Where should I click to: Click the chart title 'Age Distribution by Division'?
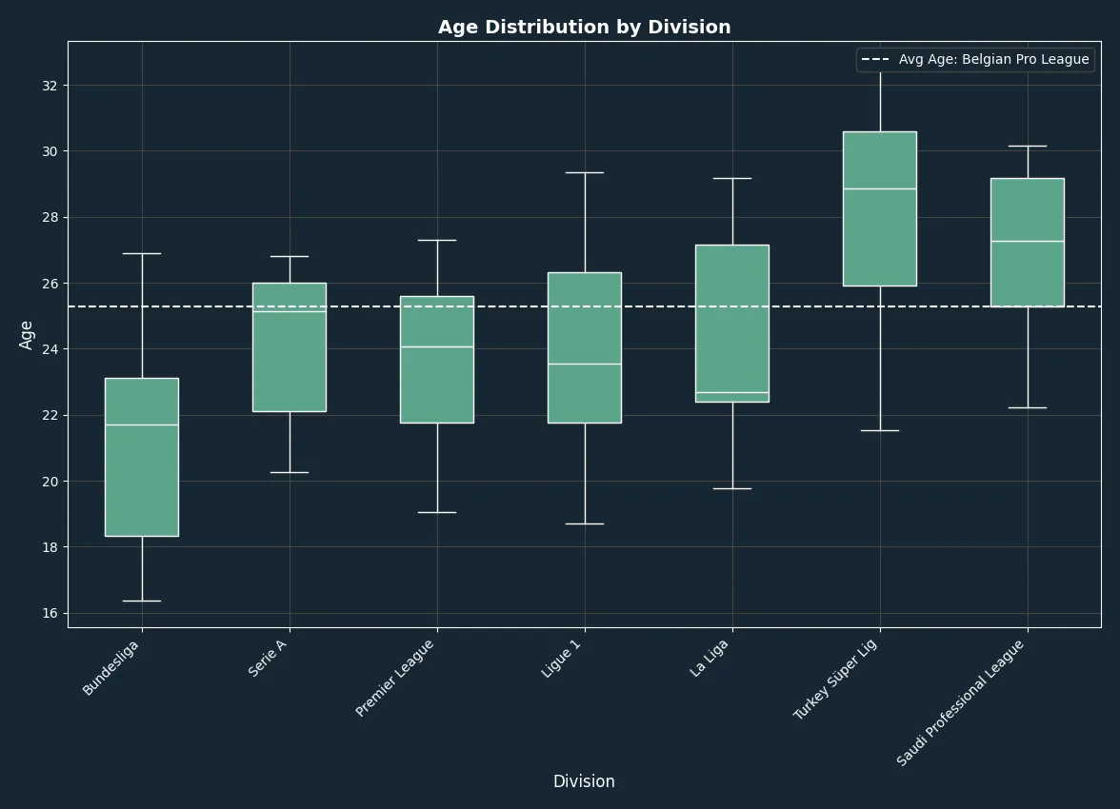coord(585,28)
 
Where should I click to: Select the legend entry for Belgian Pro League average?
coord(975,59)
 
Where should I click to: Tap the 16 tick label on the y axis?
coord(50,613)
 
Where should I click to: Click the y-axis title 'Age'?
coord(27,335)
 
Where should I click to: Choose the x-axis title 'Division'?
coord(585,781)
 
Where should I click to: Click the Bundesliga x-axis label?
coord(110,667)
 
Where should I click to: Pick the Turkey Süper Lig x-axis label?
coord(835,679)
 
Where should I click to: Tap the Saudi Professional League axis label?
coord(960,703)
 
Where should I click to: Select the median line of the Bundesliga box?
coord(142,424)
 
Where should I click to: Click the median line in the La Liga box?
coord(733,393)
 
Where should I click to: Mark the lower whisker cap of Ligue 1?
coord(585,524)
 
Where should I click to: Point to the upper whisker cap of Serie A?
coord(290,256)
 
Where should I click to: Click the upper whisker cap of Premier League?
coord(438,241)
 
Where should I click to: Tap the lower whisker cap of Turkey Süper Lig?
coord(880,430)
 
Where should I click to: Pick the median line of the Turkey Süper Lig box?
coord(880,189)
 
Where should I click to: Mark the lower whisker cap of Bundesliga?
coord(142,602)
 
